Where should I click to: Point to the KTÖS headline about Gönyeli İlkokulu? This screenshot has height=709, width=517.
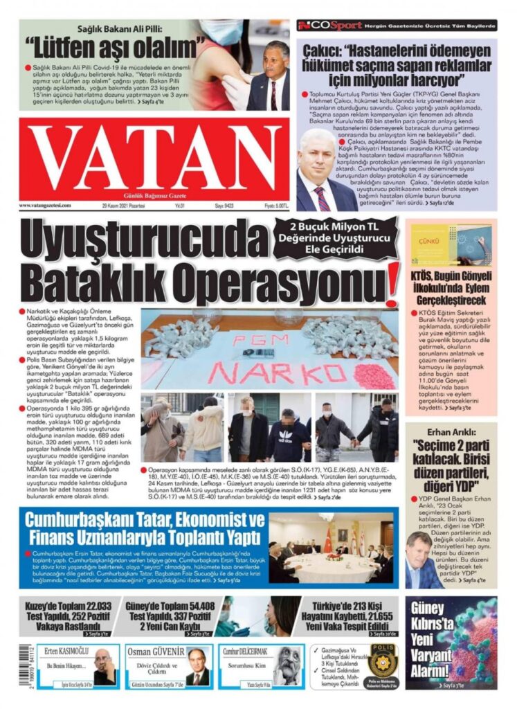coord(450,289)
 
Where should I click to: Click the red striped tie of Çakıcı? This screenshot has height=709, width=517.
coord(323,199)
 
